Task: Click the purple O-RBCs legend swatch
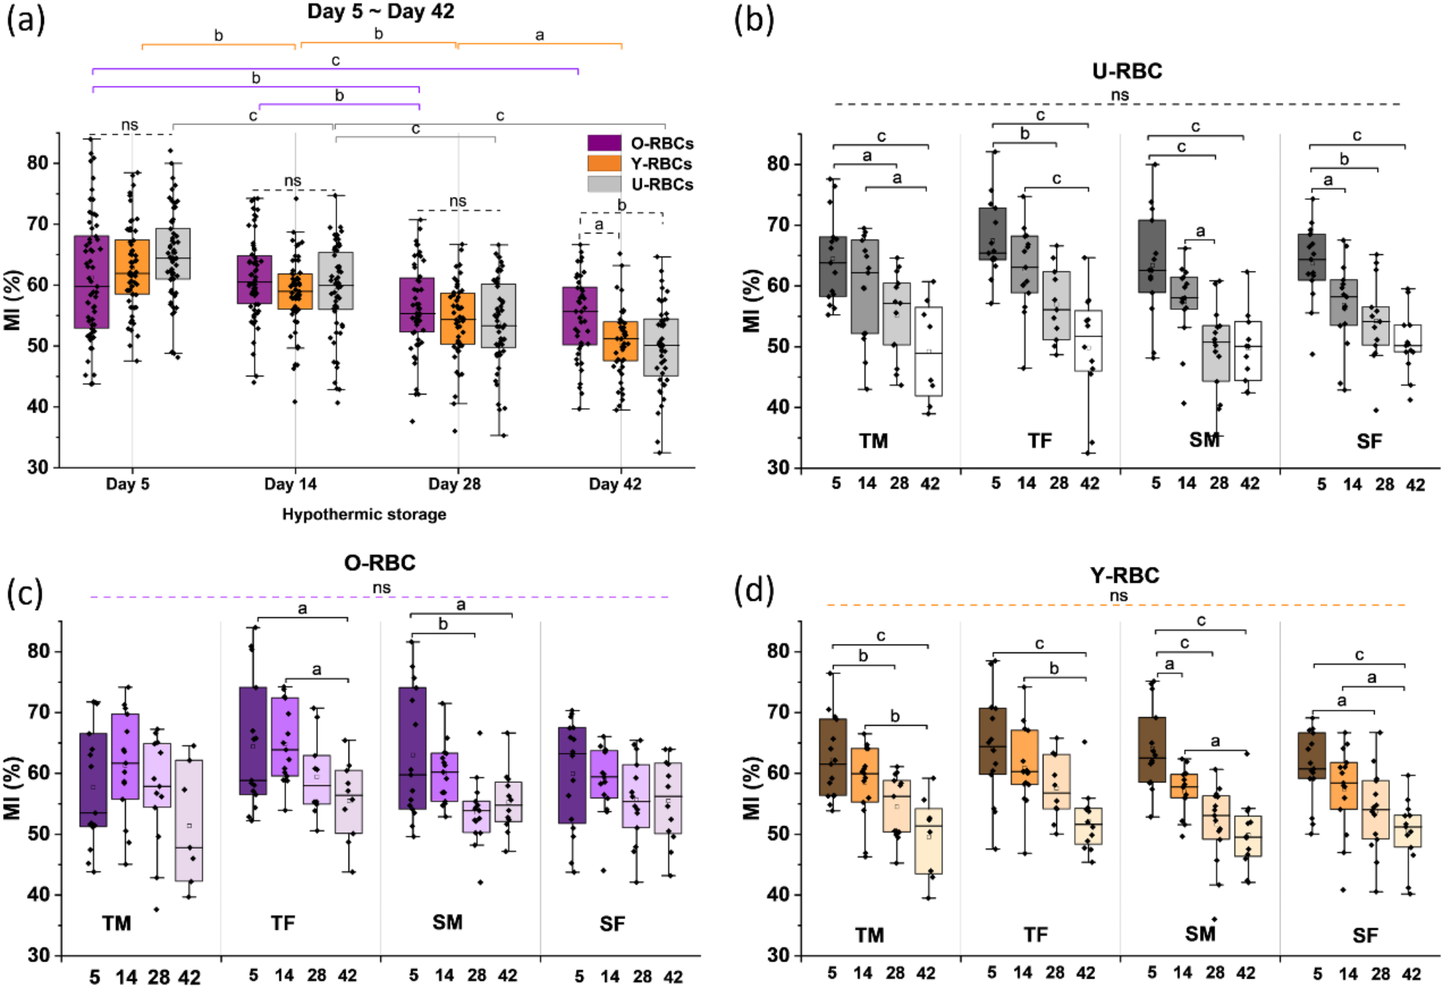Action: click(604, 143)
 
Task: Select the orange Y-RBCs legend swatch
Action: click(604, 163)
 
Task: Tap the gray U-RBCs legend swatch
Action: click(604, 184)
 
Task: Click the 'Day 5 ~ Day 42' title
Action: click(380, 11)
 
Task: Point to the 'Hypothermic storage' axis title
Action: click(364, 514)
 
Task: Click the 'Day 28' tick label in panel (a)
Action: click(454, 484)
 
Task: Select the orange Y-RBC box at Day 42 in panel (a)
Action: click(620, 341)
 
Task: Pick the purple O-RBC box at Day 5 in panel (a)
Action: click(91, 282)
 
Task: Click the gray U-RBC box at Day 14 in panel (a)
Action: click(336, 280)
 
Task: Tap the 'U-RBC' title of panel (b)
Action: click(1127, 71)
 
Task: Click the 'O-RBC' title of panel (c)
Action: click(379, 563)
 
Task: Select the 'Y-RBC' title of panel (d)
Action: click(1124, 576)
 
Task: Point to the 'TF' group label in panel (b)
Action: click(1039, 440)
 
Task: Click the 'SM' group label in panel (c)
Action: click(447, 922)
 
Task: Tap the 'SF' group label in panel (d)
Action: click(1365, 935)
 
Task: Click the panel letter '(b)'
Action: click(754, 20)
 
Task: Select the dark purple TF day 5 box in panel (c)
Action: click(253, 740)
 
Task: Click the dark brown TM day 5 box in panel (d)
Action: click(833, 757)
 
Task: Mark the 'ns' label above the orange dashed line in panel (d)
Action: click(1118, 596)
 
